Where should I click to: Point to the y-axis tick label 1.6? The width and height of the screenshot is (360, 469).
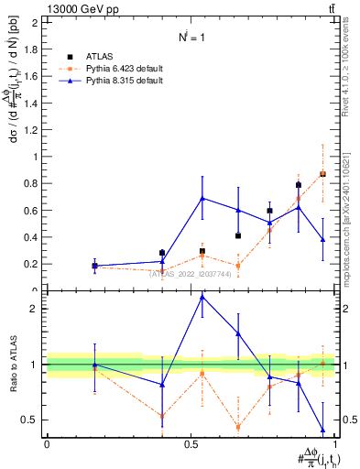coord(30,76)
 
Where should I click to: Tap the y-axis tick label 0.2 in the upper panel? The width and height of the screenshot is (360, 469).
coord(30,264)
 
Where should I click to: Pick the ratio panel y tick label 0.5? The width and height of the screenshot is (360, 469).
coord(30,420)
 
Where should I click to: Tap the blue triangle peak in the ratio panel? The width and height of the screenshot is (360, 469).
coord(202,297)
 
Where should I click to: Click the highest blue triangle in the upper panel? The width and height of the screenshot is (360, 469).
coord(202,198)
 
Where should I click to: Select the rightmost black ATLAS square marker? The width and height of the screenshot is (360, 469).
coord(322,174)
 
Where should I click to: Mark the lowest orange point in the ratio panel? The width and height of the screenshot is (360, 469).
coord(238,427)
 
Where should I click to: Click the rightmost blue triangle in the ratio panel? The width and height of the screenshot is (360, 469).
coord(322,430)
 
